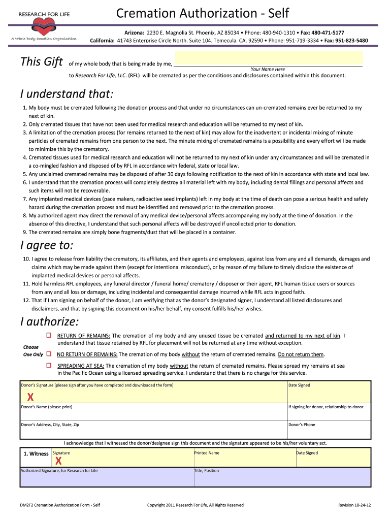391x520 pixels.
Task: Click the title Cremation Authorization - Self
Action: pyautogui.click(x=202, y=13)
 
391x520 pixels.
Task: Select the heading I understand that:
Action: pyautogui.click(x=67, y=94)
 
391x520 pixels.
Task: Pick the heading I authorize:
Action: pyautogui.click(x=50, y=321)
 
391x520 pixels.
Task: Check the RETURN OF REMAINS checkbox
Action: pyautogui.click(x=49, y=336)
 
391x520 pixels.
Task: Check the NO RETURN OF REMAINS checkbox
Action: pyautogui.click(x=49, y=353)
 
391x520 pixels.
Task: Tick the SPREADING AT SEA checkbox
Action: pyautogui.click(x=49, y=365)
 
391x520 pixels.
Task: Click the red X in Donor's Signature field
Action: pyautogui.click(x=30, y=397)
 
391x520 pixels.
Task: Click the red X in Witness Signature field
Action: pyautogui.click(x=58, y=461)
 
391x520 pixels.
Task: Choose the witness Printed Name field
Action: pyautogui.click(x=244, y=459)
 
